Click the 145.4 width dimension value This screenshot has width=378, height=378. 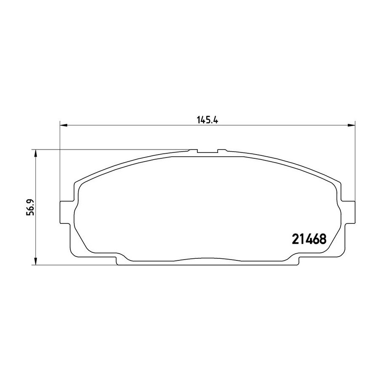tap(207, 120)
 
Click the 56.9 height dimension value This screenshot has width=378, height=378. tap(30, 207)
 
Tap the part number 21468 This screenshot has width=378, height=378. tap(309, 239)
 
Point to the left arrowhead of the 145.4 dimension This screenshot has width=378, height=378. tap(63, 125)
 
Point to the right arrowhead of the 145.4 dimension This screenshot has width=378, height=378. tap(351, 125)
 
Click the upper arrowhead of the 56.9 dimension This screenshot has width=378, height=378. tap(35, 153)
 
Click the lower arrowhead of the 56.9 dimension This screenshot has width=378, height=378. tap(35, 262)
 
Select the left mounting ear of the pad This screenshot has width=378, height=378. tap(66, 212)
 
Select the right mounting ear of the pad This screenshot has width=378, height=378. tap(348, 212)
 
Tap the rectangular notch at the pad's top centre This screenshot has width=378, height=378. tap(207, 151)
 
